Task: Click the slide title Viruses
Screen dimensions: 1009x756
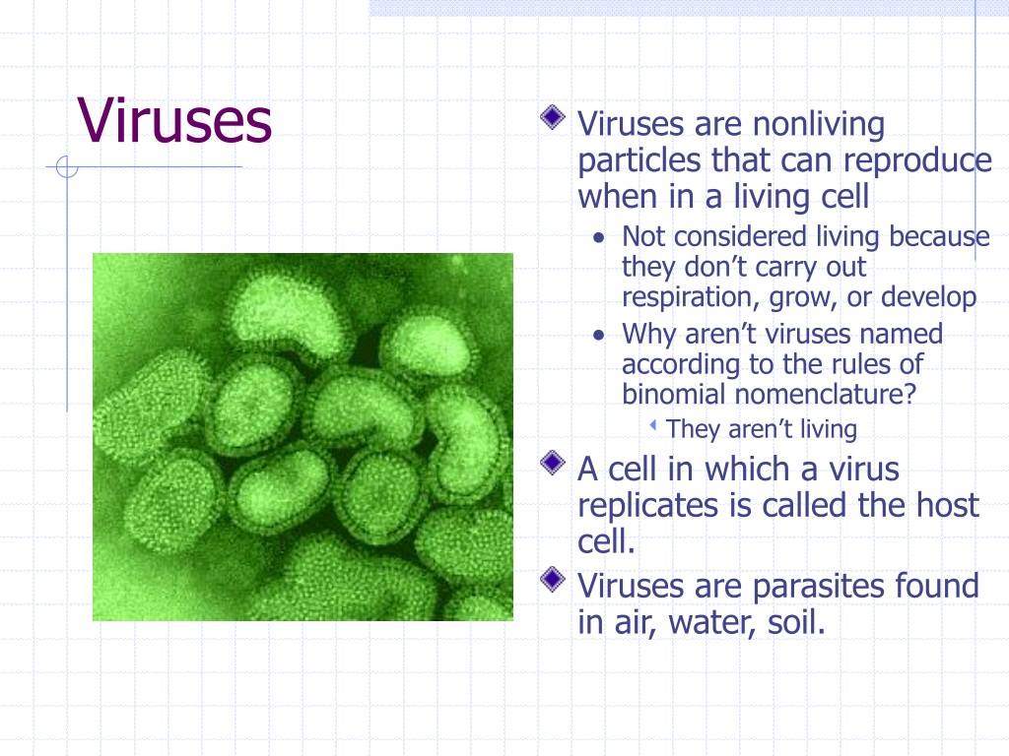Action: click(174, 120)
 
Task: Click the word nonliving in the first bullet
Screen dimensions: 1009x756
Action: click(819, 124)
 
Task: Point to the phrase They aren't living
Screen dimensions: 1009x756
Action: click(762, 429)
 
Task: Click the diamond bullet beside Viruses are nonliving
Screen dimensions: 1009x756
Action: click(553, 117)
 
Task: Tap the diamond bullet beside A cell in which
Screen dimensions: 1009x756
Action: click(553, 463)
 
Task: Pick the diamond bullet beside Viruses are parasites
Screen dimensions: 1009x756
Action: click(553, 579)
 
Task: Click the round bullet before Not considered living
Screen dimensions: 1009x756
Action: click(599, 238)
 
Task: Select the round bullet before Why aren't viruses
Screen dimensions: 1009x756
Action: click(599, 336)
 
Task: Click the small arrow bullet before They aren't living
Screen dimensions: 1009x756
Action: click(653, 425)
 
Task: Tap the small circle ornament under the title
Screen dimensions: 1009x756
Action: click(67, 167)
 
